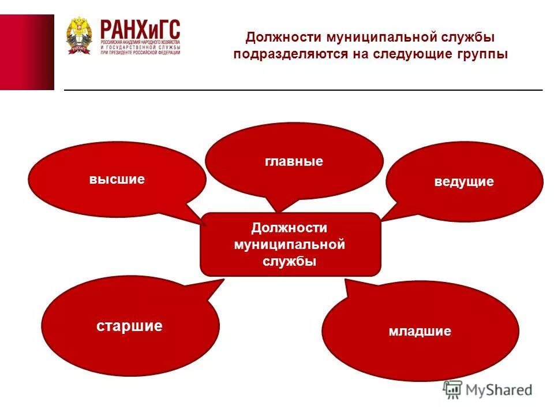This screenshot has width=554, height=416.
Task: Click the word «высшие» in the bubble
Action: [117, 179]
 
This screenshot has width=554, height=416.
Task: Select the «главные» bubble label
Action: [294, 161]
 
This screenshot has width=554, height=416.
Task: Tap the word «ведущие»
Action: [464, 182]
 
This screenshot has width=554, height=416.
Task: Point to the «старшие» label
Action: [129, 326]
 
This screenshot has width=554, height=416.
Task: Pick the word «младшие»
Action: [420, 332]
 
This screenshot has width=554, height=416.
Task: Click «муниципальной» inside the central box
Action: [289, 244]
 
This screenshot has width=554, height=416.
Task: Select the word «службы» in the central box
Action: [290, 261]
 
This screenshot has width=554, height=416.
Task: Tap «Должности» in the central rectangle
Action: [289, 228]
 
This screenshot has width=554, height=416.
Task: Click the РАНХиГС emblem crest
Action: [79, 36]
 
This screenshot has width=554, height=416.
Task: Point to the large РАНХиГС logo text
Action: [140, 29]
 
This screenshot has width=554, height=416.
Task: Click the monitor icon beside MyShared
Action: [453, 390]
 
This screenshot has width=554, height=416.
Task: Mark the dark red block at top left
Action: [27, 52]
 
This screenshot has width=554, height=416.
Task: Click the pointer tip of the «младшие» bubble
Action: [346, 280]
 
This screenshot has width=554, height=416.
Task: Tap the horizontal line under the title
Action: [303, 90]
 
